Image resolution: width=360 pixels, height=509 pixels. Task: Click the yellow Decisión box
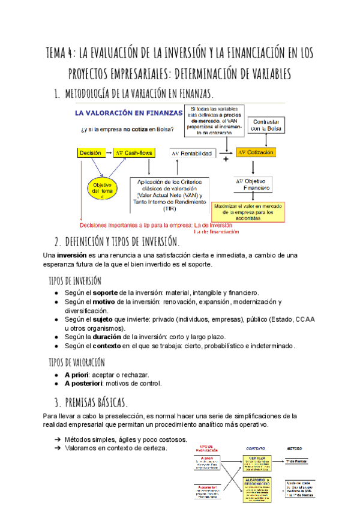coord(91,153)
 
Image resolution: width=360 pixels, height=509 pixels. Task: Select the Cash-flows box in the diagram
coord(134,153)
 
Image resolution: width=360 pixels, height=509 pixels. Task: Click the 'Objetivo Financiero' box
coord(253,184)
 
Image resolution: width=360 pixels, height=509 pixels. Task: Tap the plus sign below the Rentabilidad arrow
coord(226,160)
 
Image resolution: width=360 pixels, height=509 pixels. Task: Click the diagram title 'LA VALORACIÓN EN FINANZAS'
coord(128,113)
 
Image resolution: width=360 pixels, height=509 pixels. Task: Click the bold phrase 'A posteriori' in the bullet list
coord(86,384)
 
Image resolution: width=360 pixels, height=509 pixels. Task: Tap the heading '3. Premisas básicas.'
coord(91,402)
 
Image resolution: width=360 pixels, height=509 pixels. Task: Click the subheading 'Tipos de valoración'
coord(76,363)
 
